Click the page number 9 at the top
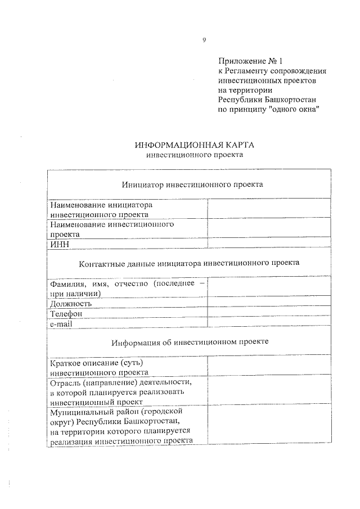[x=204, y=40]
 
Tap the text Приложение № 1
[x=245, y=61]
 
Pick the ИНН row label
[x=58, y=243]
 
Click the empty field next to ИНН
[x=268, y=243]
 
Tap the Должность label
[x=71, y=304]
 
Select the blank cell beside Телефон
[x=268, y=313]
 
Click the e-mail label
[x=61, y=323]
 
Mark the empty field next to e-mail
[x=268, y=323]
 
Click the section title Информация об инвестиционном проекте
[x=190, y=342]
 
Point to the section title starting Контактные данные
[x=190, y=263]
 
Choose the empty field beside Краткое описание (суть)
[x=268, y=367]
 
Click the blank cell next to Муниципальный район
[x=268, y=425]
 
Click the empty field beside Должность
[x=268, y=304]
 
